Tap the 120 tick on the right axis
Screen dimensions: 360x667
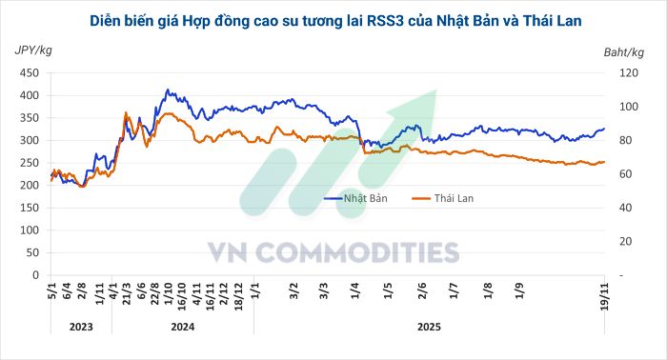626,73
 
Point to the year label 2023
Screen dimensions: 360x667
80,326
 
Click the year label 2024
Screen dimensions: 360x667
182,326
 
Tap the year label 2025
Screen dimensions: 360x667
430,326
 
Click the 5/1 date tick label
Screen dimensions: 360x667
51,290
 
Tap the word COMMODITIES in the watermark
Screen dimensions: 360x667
358,252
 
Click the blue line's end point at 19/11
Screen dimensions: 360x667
604,129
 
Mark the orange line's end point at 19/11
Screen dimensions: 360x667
604,162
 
